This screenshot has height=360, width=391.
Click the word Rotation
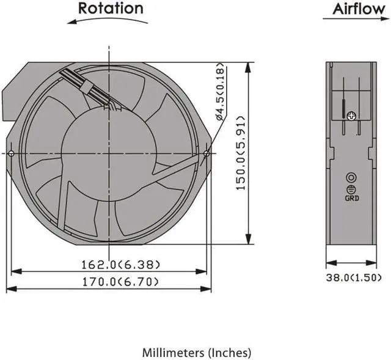pos(111,8)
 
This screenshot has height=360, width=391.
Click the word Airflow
pos(359,9)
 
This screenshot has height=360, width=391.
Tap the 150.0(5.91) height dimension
pos(241,153)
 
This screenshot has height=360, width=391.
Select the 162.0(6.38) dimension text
pos(121,265)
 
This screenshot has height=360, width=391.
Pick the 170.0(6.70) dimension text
pos(120,282)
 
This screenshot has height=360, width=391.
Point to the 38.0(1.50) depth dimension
pos(354,277)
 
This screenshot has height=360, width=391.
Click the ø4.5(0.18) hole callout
pos(221,92)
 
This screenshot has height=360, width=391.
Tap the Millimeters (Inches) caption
pos(197,353)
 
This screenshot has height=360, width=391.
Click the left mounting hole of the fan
pos(11,153)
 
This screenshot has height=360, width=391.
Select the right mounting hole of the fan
pos(206,153)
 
